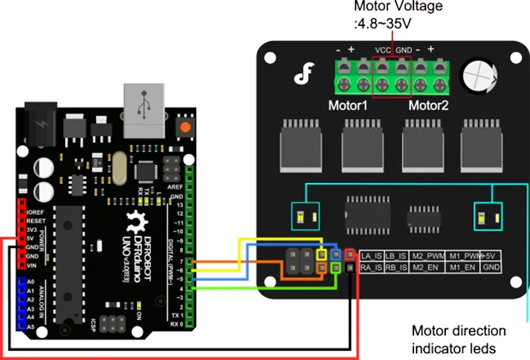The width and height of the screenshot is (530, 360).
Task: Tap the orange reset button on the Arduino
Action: click(185, 127)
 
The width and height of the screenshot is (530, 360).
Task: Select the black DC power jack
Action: click(40, 123)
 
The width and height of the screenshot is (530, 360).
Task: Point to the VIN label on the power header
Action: click(31, 265)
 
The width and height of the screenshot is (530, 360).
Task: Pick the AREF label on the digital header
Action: click(176, 188)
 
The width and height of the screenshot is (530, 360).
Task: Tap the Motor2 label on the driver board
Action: click(428, 106)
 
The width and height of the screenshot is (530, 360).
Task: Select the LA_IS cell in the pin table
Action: click(372, 255)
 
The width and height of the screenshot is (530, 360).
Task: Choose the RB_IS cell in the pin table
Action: click(397, 268)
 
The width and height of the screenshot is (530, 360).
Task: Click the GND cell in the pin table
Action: click(492, 268)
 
